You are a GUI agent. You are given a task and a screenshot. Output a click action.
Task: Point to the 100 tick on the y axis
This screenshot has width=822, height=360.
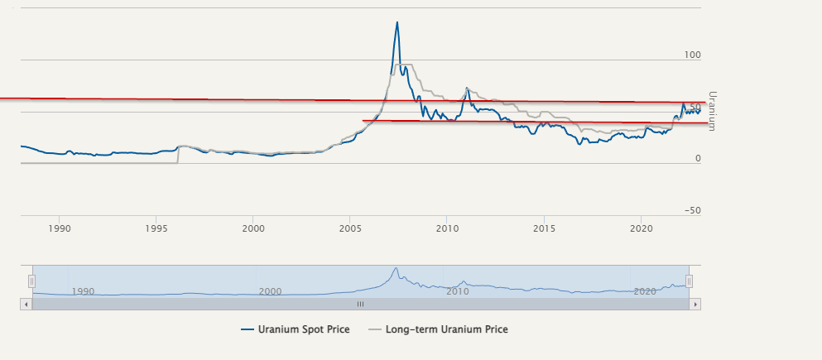coord(691,55)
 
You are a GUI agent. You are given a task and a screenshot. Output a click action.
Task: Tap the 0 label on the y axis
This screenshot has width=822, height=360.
coord(698,159)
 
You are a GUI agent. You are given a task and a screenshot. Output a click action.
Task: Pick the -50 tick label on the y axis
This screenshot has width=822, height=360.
coord(691,210)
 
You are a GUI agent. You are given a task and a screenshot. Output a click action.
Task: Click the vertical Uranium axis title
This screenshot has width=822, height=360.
coord(712,111)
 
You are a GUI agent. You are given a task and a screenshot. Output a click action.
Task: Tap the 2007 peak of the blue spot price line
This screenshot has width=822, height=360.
coord(397,22)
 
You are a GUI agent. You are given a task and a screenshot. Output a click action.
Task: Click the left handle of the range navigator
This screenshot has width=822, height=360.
coord(31,281)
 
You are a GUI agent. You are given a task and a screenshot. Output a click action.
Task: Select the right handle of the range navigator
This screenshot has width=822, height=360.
coord(689,281)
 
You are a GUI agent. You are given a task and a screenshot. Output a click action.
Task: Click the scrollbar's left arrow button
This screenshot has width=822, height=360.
coord(25,304)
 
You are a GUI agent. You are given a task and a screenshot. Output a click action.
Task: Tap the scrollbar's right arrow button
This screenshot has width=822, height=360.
coord(695,304)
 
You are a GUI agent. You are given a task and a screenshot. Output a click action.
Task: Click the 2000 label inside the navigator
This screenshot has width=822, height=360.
coord(270,291)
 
